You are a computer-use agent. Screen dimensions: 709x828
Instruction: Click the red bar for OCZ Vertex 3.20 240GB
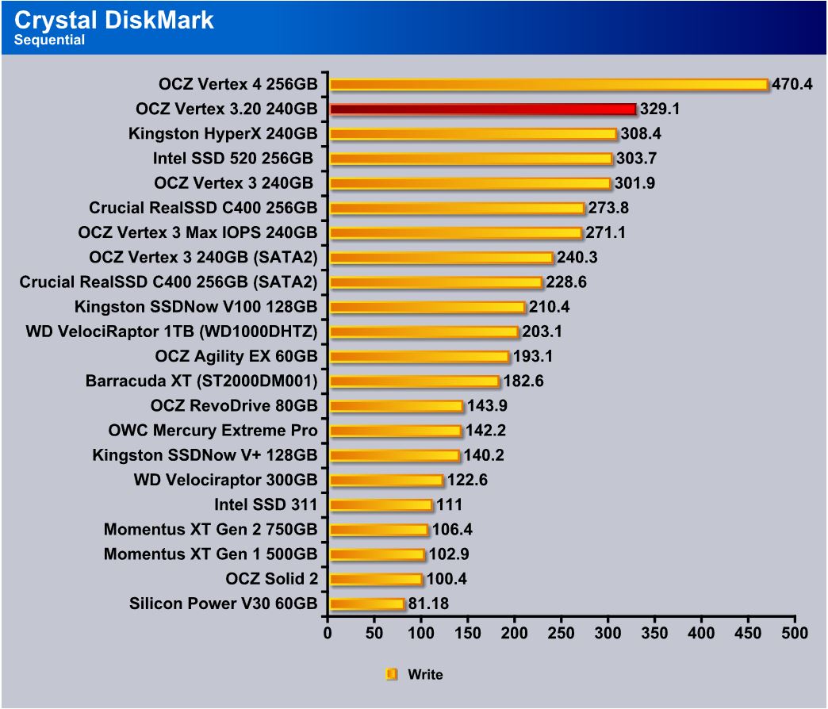[x=482, y=109]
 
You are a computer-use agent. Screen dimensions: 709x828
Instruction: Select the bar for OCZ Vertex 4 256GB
[x=548, y=84]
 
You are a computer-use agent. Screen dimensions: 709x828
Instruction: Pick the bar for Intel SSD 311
[x=380, y=505]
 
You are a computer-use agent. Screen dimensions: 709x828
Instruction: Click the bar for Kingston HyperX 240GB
[x=473, y=133]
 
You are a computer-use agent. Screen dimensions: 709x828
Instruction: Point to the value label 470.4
[x=792, y=84]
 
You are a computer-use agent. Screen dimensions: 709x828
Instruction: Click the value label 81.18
[x=428, y=604]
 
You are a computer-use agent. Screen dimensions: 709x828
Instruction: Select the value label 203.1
[x=541, y=332]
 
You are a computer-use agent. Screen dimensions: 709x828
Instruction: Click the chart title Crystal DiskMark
[x=114, y=19]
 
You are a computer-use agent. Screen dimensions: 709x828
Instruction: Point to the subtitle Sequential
[x=49, y=40]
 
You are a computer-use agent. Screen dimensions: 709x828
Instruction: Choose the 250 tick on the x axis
[x=562, y=634]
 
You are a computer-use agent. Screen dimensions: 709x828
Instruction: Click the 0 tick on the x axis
[x=328, y=634]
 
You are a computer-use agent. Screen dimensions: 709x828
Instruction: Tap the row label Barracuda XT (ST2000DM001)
[x=201, y=381]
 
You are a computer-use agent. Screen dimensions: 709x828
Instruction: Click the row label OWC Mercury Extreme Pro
[x=213, y=431]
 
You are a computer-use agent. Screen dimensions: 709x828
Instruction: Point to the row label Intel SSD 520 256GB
[x=235, y=159]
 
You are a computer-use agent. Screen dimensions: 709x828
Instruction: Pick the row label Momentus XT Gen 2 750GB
[x=210, y=530]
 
